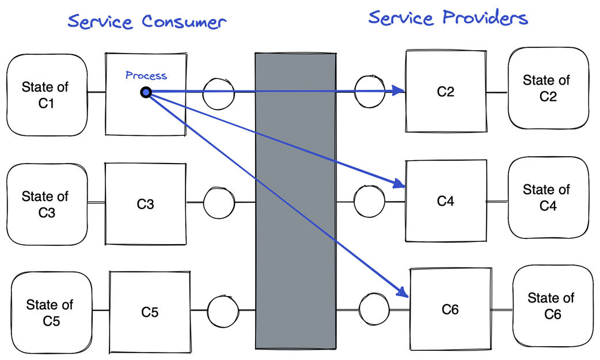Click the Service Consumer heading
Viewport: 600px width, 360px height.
pyautogui.click(x=147, y=22)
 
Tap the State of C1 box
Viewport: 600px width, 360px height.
pyautogui.click(x=46, y=95)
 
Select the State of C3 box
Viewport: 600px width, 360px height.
pyautogui.click(x=46, y=204)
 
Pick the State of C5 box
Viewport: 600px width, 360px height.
pyautogui.click(x=51, y=312)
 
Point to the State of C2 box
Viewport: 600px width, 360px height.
pyautogui.click(x=548, y=88)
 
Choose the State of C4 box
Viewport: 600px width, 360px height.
pyautogui.click(x=548, y=198)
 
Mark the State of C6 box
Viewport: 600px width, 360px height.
pyautogui.click(x=552, y=306)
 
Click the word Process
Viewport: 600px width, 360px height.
pyautogui.click(x=146, y=75)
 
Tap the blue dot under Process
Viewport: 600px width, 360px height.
pyautogui.click(x=146, y=92)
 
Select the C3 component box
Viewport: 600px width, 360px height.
pyautogui.click(x=146, y=203)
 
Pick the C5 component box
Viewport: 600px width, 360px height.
pyautogui.click(x=150, y=312)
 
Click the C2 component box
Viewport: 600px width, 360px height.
pyautogui.click(x=446, y=91)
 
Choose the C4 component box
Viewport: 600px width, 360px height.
pyautogui.click(x=446, y=200)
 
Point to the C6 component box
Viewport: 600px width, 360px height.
pyautogui.click(x=450, y=309)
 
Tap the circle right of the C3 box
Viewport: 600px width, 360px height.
pyautogui.click(x=219, y=202)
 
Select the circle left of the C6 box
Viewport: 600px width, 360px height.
pyautogui.click(x=375, y=309)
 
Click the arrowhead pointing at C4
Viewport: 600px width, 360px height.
pyautogui.click(x=398, y=184)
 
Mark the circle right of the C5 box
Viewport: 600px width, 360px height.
pyautogui.click(x=223, y=310)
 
